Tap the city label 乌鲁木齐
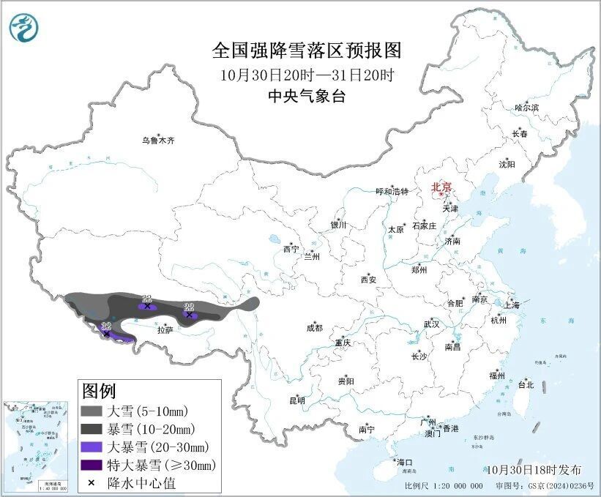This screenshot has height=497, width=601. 159,140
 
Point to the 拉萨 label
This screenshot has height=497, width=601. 165,330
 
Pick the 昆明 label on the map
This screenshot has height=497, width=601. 297,400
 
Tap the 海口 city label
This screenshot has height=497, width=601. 405,462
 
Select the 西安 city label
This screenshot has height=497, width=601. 368,280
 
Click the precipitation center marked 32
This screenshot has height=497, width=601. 107,333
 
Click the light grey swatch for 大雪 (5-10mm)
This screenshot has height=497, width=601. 92,411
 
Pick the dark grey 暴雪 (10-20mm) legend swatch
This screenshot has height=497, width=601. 92,428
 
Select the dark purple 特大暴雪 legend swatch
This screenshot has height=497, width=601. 92,464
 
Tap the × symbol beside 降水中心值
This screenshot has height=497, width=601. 92,482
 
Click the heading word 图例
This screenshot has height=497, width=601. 99,391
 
